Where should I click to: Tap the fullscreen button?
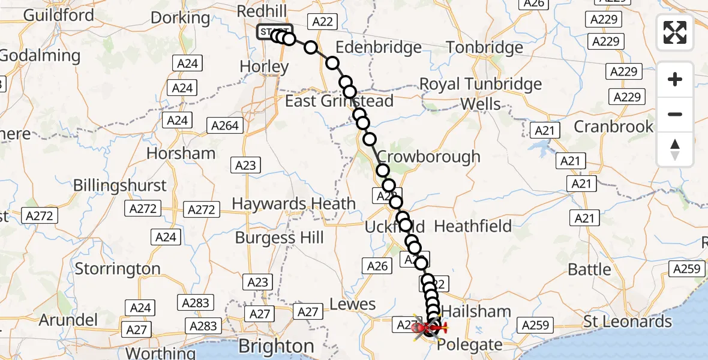(x=675, y=32)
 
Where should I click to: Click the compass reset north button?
(x=675, y=149)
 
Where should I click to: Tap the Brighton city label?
(x=276, y=346)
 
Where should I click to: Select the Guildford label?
(x=47, y=14)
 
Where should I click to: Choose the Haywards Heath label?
(x=293, y=203)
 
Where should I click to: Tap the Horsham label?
(x=181, y=154)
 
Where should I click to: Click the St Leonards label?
(x=628, y=322)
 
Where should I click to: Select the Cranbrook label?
(x=613, y=127)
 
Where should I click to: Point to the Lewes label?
(x=353, y=304)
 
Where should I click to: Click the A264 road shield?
(x=226, y=126)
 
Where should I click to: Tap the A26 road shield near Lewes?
(x=377, y=266)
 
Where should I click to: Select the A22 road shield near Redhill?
(x=322, y=22)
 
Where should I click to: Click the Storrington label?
(x=118, y=269)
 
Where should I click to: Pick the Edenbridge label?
(x=378, y=47)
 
